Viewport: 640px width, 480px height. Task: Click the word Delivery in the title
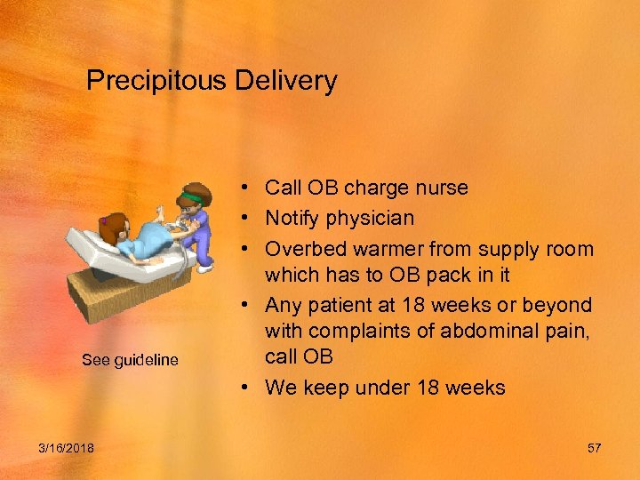(x=285, y=82)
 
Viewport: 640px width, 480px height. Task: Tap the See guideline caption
(x=130, y=360)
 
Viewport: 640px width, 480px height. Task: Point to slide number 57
(x=594, y=448)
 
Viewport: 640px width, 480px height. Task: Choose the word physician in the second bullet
(x=371, y=218)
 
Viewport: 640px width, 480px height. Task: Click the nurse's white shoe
(x=205, y=267)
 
